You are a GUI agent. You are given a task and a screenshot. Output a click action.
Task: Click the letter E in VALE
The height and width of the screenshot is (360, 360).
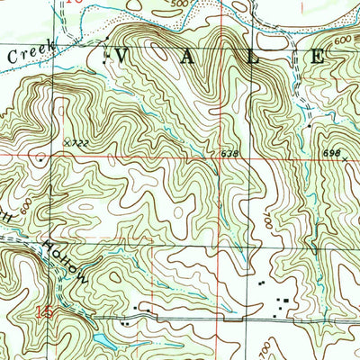(319, 56)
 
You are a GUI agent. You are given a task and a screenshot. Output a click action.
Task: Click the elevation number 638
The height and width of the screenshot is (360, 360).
(229, 154)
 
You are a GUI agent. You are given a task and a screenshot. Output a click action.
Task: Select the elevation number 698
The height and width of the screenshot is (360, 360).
(331, 153)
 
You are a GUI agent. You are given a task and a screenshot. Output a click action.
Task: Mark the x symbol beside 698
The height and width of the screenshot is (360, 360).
(345, 158)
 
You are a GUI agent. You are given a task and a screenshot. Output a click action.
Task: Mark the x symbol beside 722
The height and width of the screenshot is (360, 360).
(67, 141)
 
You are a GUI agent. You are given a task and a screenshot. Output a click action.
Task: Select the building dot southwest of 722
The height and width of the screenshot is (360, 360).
(39, 155)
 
